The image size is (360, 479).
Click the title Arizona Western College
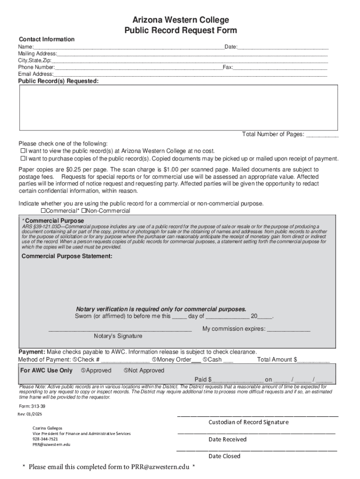pos(180,20)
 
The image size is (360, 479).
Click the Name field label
pos(25,47)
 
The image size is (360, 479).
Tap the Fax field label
pos(227,67)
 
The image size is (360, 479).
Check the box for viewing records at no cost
pos(22,151)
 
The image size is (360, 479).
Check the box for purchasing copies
pos(22,159)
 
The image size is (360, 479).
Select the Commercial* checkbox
pos(43,211)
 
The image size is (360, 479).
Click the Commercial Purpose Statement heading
pos(67,256)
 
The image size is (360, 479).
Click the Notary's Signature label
pos(118,336)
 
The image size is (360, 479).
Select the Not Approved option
pos(126,370)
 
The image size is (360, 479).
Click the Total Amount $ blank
pos(313,360)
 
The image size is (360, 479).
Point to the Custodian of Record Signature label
pos(248,422)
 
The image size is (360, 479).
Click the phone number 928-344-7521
pos(45,439)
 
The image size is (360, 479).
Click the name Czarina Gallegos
pos(47,428)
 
